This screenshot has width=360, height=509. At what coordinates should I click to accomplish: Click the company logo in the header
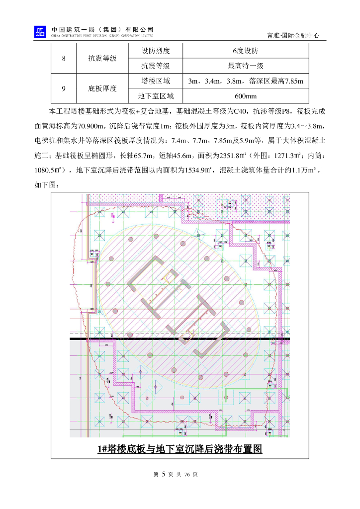(x=40, y=32)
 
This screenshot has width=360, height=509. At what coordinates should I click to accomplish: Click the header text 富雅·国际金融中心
(x=293, y=36)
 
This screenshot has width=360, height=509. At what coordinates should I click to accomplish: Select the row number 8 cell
(x=64, y=59)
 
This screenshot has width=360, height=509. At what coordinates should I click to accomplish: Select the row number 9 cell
(x=64, y=88)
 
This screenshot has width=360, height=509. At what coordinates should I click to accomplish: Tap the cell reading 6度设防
(x=246, y=51)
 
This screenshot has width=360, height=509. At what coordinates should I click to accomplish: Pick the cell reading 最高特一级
(x=246, y=66)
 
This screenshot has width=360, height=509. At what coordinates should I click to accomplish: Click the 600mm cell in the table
(x=246, y=96)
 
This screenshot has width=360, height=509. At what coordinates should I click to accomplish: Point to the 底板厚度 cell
(x=102, y=88)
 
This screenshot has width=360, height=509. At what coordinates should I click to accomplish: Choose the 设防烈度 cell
(x=156, y=51)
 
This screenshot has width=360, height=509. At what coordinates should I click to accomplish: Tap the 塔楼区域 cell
(x=156, y=81)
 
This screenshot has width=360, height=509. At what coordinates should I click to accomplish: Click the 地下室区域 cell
(x=156, y=96)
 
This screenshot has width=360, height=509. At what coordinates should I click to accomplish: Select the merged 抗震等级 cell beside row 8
(x=102, y=59)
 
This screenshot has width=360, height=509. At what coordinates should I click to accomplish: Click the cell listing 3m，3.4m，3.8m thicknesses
(x=246, y=81)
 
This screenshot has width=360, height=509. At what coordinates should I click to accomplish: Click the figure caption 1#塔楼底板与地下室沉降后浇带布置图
(x=180, y=449)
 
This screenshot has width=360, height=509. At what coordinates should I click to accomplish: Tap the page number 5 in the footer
(x=163, y=474)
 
